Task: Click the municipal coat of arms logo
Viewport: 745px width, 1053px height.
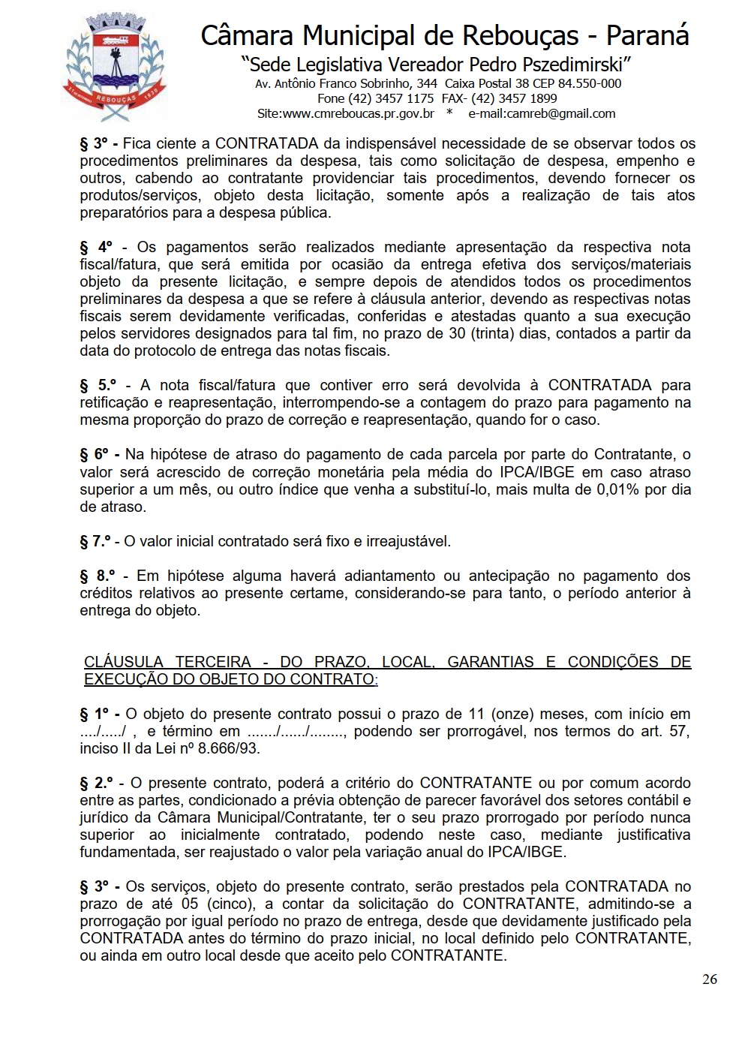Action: (x=114, y=66)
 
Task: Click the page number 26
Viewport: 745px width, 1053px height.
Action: (x=709, y=979)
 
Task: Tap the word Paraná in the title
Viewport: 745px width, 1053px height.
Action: (x=647, y=35)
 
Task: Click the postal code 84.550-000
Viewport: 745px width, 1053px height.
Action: (x=590, y=83)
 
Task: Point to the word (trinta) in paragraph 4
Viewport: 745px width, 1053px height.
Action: (x=494, y=333)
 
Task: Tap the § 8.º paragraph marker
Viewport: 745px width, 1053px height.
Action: (x=98, y=576)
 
